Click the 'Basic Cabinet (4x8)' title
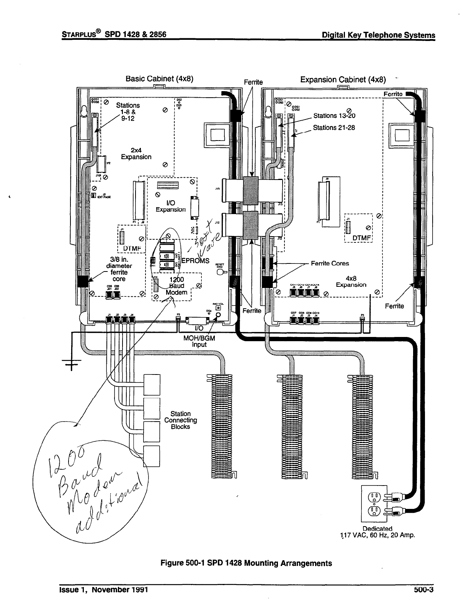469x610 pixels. (x=159, y=79)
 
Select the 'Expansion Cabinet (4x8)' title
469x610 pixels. (x=343, y=80)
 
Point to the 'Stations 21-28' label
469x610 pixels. (x=334, y=128)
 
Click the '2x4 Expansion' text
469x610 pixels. (x=136, y=154)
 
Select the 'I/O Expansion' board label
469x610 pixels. (x=171, y=206)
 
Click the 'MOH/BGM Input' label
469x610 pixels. (x=199, y=341)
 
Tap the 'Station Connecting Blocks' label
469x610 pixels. (x=181, y=420)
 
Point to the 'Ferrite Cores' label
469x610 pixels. (x=330, y=263)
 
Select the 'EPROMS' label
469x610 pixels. (x=196, y=261)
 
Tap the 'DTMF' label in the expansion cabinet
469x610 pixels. (x=362, y=238)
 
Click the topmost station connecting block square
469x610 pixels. (x=151, y=384)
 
